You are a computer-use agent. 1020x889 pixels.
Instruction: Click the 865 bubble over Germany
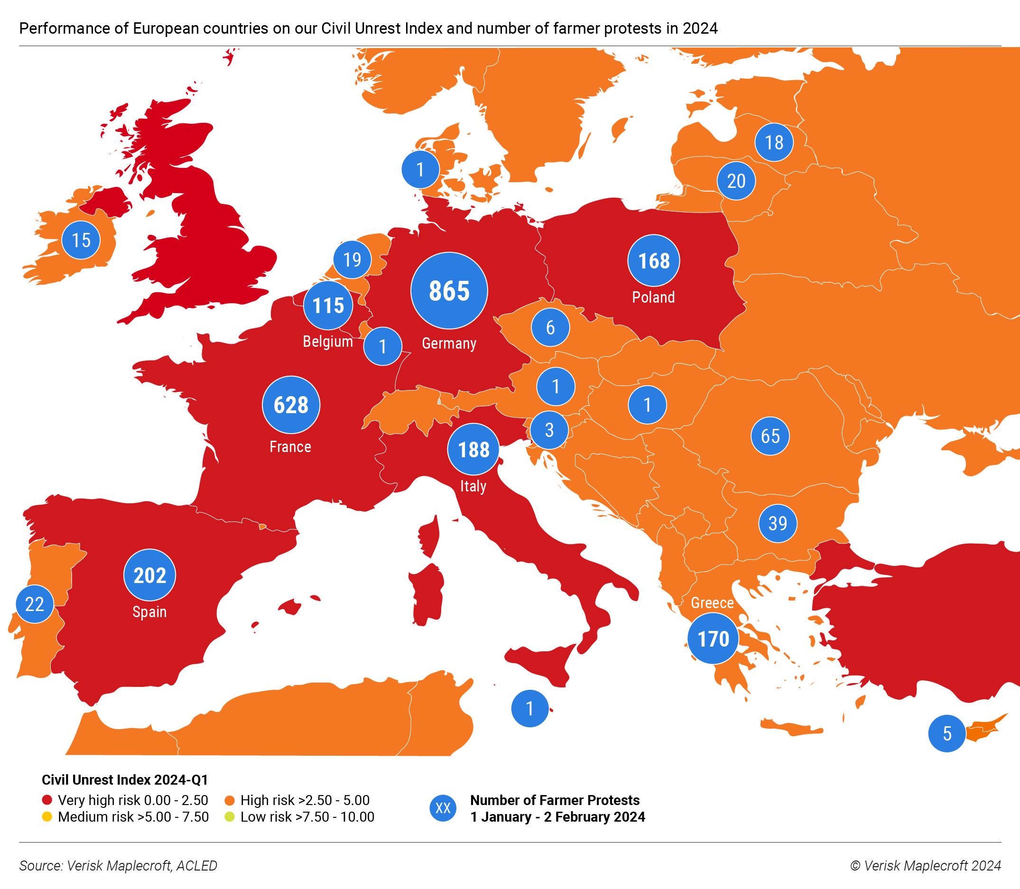(x=449, y=291)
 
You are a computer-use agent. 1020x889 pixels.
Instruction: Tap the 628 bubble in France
(x=291, y=405)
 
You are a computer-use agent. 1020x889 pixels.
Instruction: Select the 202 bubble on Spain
(x=149, y=575)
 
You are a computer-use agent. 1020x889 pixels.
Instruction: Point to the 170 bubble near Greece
(x=713, y=639)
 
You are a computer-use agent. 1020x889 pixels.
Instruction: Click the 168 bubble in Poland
(x=653, y=260)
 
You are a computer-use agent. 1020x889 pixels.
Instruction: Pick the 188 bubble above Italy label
(x=473, y=449)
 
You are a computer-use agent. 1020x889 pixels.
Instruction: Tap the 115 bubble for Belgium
(x=328, y=305)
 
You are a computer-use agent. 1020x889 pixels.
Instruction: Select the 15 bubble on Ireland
(x=81, y=240)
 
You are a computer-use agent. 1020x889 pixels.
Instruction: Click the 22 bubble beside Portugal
(x=35, y=604)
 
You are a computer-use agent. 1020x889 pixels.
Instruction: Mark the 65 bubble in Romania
(x=770, y=436)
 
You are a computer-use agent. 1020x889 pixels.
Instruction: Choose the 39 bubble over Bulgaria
(x=778, y=523)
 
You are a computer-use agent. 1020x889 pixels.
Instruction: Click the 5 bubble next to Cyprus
(x=946, y=733)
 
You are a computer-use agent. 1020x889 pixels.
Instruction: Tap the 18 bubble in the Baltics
(x=773, y=142)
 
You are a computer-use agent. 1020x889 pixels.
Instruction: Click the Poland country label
(x=653, y=297)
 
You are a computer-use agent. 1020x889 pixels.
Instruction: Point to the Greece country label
(x=712, y=603)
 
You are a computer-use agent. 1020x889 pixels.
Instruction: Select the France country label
(x=290, y=447)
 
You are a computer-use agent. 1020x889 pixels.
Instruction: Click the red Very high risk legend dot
(x=47, y=800)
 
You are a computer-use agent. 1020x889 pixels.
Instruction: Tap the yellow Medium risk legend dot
(x=47, y=816)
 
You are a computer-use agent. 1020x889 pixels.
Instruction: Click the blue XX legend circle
(x=443, y=808)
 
